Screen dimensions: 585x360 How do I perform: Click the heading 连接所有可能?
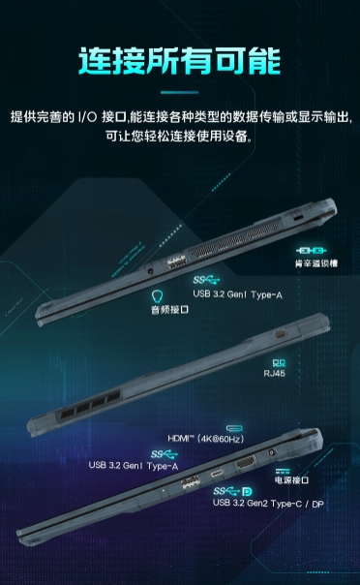coord(180,61)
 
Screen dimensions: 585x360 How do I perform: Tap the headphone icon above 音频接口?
coord(159,294)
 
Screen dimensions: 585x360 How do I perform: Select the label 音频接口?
coord(168,310)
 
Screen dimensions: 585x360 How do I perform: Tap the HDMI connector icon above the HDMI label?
coord(234,426)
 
